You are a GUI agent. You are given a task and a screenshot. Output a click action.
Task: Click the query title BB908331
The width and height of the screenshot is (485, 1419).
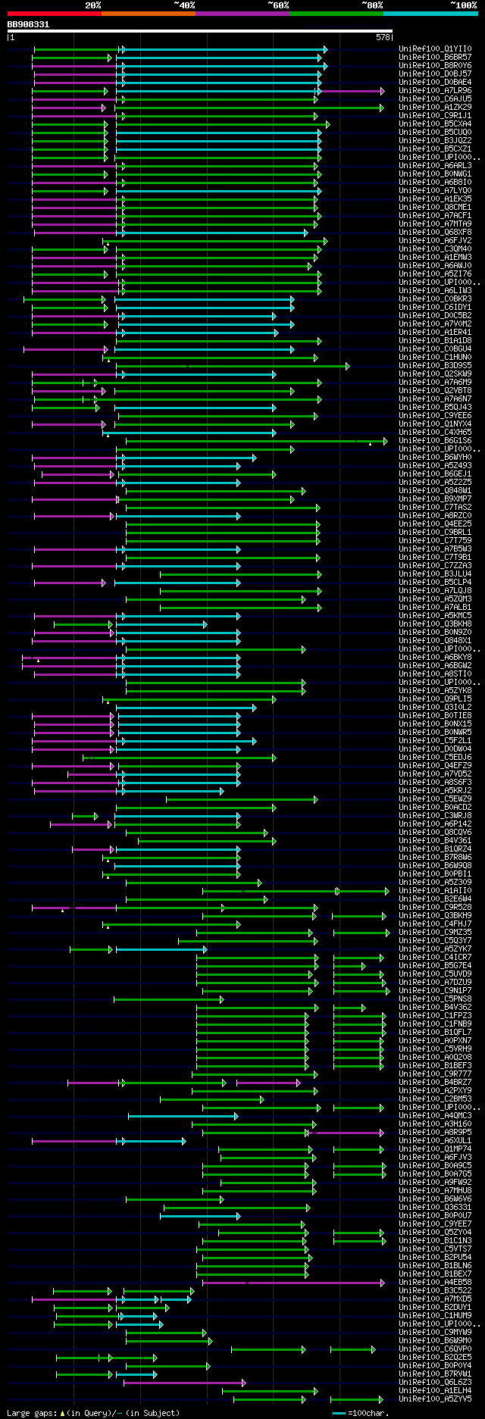pyautogui.click(x=28, y=24)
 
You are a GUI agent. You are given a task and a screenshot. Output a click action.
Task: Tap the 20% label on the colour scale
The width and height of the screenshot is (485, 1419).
pyautogui.click(x=93, y=5)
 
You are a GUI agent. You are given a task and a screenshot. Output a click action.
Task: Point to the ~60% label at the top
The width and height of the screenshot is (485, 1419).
pyautogui.click(x=278, y=5)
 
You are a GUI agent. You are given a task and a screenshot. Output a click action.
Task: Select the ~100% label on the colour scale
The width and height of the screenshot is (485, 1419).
pyautogui.click(x=463, y=5)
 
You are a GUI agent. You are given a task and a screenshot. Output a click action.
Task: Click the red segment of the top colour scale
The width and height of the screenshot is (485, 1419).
pyautogui.click(x=54, y=14)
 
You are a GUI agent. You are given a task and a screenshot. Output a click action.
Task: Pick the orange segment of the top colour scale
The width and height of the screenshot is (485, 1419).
pyautogui.click(x=148, y=14)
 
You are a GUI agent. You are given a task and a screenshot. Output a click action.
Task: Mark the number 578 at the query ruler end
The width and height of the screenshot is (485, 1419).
pyautogui.click(x=383, y=37)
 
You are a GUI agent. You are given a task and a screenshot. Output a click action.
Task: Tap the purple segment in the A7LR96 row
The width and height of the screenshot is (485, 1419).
pyautogui.click(x=352, y=91)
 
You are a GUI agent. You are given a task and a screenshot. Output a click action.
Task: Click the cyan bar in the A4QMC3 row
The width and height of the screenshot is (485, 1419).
pyautogui.click(x=182, y=1116)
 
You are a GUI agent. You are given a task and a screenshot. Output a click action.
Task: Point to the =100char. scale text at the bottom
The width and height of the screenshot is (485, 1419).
pyautogui.click(x=368, y=1413)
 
